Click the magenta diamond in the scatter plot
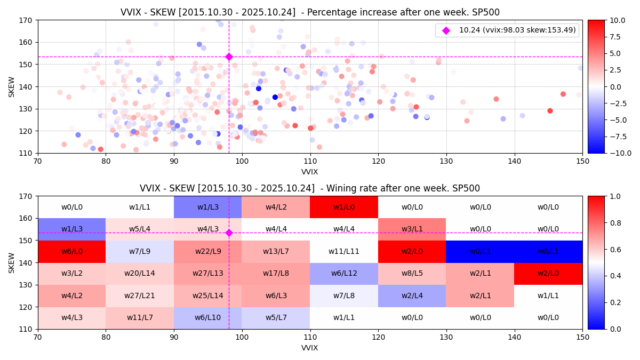[x=229, y=57]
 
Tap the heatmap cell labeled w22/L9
[x=207, y=251]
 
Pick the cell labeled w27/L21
[x=140, y=295]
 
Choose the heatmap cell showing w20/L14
[x=140, y=274]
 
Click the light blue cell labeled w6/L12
[x=344, y=274]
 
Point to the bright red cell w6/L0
[x=71, y=251]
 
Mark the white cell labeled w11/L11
[x=344, y=251]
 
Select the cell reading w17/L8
[x=276, y=274]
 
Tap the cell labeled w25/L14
[x=207, y=295]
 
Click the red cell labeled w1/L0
[x=344, y=207]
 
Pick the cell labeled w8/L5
[x=412, y=274]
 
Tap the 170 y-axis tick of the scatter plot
[x=26, y=20]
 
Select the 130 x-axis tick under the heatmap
[x=446, y=338]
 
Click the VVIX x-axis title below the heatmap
[x=310, y=348]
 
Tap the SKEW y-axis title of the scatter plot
[x=12, y=86]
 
